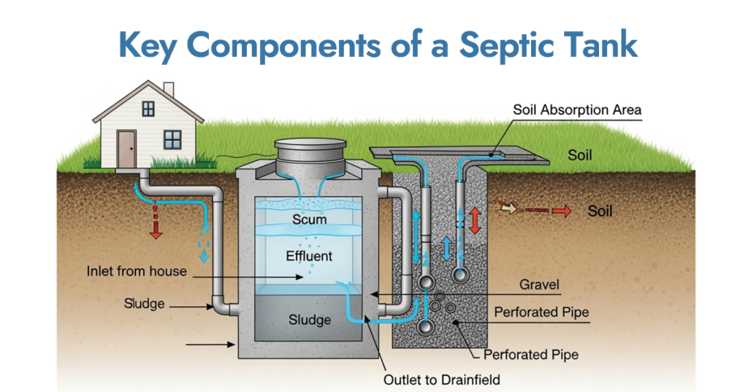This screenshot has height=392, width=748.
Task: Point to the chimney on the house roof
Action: pyautogui.click(x=169, y=89)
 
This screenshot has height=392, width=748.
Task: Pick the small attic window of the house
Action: pyautogui.click(x=148, y=109)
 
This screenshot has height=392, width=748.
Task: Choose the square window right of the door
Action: pyautogui.click(x=172, y=138)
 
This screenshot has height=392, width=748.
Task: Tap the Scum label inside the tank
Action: pyautogui.click(x=309, y=219)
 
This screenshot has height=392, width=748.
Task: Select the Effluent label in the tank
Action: pyautogui.click(x=309, y=256)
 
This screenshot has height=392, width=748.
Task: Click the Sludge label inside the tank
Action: pyautogui.click(x=309, y=320)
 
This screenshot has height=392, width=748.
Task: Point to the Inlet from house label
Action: pyautogui.click(x=137, y=271)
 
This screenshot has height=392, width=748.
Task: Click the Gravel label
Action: pyautogui.click(x=539, y=284)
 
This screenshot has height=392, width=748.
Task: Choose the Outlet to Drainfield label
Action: pyautogui.click(x=442, y=380)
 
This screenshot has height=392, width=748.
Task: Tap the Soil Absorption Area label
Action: pyautogui.click(x=576, y=110)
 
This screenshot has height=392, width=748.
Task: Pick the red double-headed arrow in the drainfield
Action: pyautogui.click(x=475, y=219)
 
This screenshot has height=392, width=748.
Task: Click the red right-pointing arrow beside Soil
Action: pyautogui.click(x=560, y=211)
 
